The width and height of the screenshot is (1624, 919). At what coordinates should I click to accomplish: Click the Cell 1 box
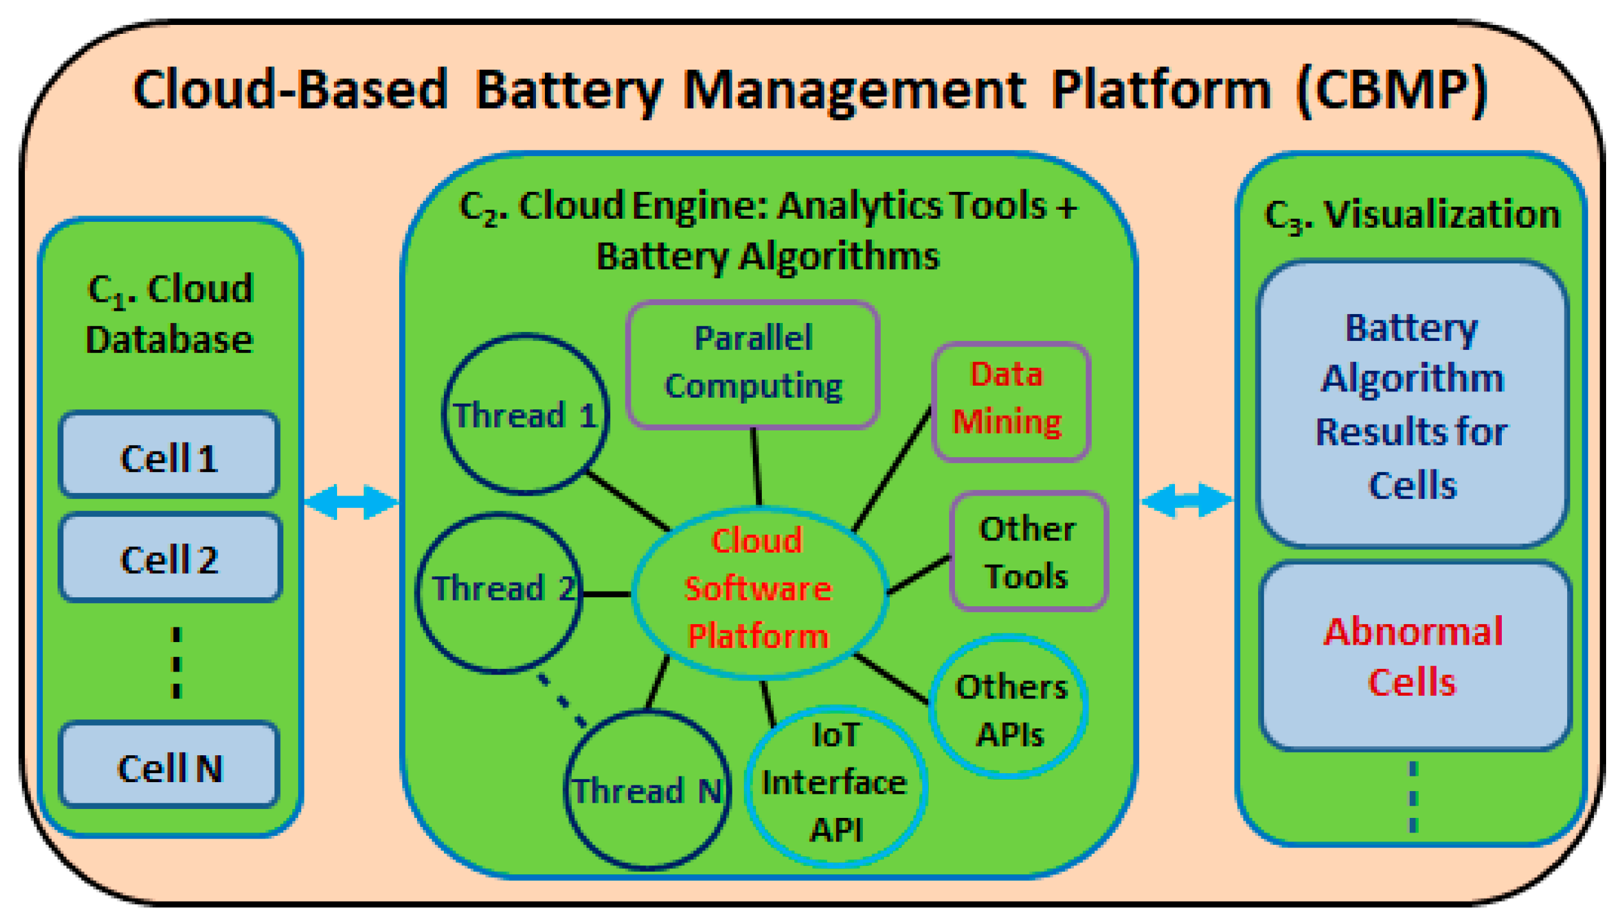point(169,455)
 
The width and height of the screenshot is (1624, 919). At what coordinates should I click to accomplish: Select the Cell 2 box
point(170,558)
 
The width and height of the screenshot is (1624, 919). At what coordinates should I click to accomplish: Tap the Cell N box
point(169,766)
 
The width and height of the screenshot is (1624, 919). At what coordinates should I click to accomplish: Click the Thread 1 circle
point(525,414)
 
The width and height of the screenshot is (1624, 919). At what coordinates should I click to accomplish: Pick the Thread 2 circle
point(500,592)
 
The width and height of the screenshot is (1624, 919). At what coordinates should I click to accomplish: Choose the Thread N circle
point(647,790)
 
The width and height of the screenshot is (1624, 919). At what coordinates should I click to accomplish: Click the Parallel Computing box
point(753,363)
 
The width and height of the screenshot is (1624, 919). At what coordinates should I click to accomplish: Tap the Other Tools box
point(1028,551)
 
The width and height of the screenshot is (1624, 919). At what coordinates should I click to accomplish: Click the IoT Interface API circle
point(835,785)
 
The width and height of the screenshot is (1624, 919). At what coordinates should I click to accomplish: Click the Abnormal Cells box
point(1415,656)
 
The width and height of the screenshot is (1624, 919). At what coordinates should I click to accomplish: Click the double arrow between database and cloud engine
point(351,501)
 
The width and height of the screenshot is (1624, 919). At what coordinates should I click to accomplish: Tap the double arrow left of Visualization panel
point(1187,499)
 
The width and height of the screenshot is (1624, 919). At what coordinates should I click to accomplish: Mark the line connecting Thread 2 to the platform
point(606,594)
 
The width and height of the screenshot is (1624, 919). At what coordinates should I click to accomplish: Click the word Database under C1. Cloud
point(169,339)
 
